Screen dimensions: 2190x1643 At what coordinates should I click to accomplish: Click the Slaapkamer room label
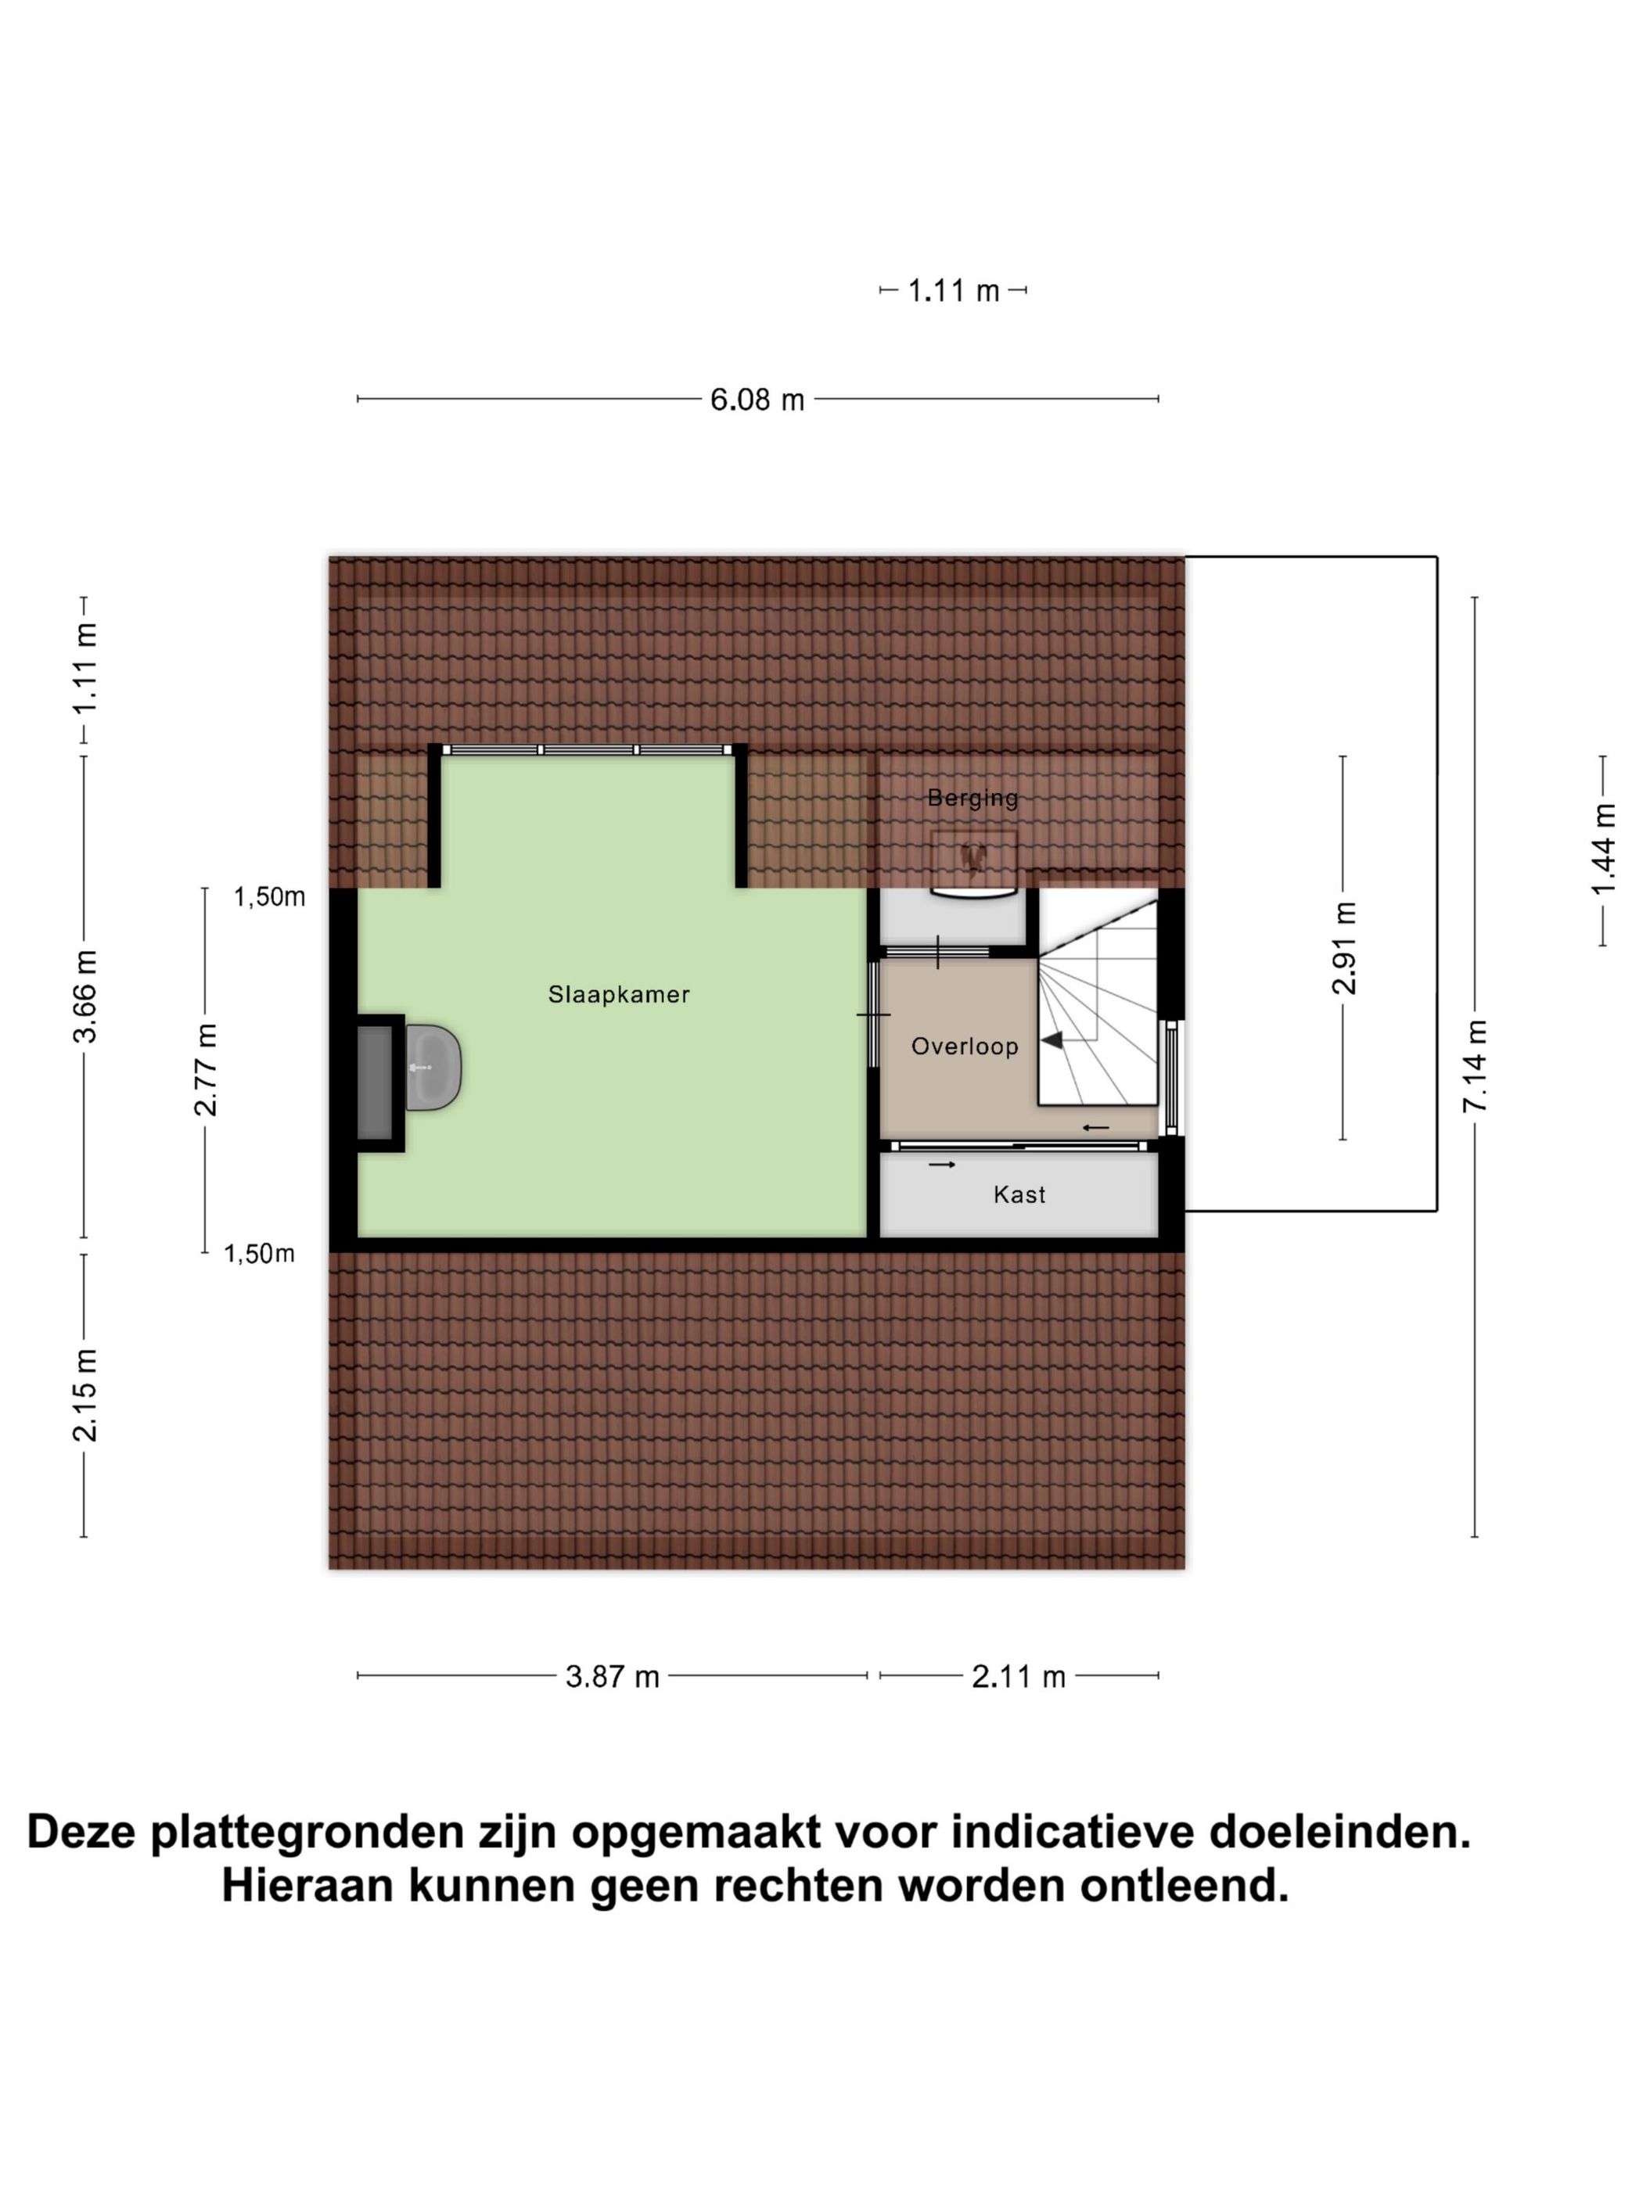[618, 994]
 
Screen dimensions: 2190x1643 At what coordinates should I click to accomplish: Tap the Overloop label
[964, 1047]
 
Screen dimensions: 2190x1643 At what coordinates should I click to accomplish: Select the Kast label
[1019, 1195]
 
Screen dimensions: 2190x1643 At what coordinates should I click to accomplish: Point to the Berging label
[972, 798]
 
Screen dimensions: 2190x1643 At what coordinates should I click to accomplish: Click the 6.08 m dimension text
[757, 400]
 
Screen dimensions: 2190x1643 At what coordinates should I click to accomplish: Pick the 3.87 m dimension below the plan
[612, 1677]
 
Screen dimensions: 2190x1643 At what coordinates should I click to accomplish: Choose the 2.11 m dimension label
[1018, 1677]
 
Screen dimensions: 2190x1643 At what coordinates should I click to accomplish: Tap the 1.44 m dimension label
[1602, 849]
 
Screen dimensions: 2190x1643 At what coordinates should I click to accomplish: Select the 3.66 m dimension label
[85, 995]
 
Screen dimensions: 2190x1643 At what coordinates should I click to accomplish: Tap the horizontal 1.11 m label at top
[953, 291]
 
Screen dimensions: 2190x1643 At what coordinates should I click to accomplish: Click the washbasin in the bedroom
[433, 1068]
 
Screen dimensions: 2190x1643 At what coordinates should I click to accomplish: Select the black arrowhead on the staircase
[1052, 1039]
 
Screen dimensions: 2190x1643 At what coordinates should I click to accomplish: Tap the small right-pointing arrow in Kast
[941, 1165]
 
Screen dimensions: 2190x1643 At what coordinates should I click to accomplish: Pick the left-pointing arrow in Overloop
[1095, 1128]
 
